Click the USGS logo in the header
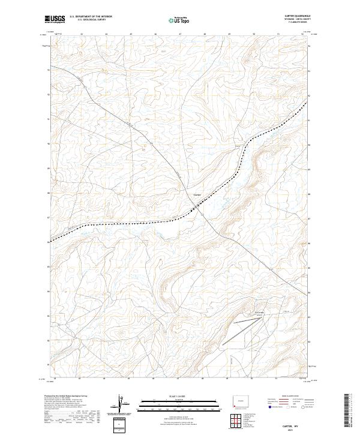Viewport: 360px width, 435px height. tap(55, 20)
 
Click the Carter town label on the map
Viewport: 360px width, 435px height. tap(198, 194)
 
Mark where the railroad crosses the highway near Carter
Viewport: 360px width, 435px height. tap(196, 208)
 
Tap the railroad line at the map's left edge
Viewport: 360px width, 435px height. tap(53, 239)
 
